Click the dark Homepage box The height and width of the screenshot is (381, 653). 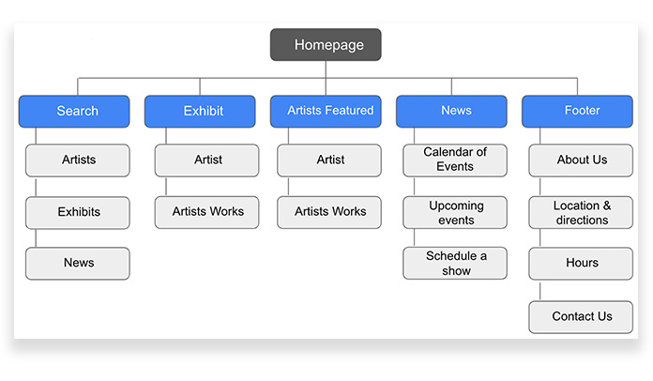[x=326, y=44]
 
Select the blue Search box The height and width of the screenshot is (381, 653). [x=74, y=111]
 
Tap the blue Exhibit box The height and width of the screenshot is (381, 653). [x=200, y=111]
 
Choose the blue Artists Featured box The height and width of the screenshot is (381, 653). [x=326, y=111]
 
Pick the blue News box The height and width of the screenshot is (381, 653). [x=451, y=111]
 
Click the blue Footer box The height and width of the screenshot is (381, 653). [x=577, y=111]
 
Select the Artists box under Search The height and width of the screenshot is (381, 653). [x=78, y=160]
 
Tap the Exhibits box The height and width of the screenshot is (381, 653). [x=78, y=212]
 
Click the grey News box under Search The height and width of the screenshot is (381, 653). [x=78, y=263]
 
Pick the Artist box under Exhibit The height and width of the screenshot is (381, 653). [x=206, y=160]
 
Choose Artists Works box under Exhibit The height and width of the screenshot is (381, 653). [x=206, y=212]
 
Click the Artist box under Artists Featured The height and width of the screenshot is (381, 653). [x=329, y=160]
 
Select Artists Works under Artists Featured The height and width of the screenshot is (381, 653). [x=329, y=212]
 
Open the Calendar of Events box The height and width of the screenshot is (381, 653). [x=455, y=160]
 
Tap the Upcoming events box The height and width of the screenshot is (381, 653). [x=455, y=212]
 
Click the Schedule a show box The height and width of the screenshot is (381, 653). [x=455, y=263]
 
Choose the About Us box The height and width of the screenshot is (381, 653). [x=581, y=160]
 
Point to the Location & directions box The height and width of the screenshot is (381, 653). [x=581, y=212]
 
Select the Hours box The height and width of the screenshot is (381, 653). [x=581, y=263]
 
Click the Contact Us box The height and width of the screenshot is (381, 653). [x=581, y=317]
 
